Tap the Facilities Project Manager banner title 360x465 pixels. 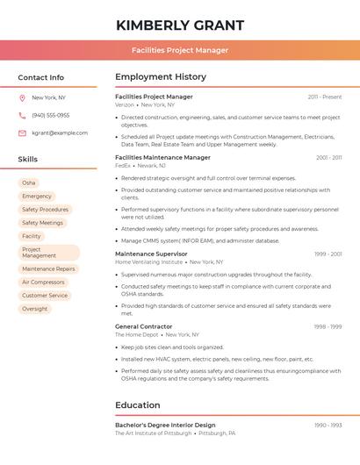point(180,50)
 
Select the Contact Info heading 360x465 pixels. point(41,77)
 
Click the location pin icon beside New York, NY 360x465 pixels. point(22,97)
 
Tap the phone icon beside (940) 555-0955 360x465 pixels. point(22,115)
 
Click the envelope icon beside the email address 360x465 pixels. point(22,132)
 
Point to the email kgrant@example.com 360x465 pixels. point(60,132)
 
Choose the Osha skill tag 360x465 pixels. point(29,182)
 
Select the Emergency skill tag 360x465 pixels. point(37,197)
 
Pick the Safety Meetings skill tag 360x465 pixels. point(42,223)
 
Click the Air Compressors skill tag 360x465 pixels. point(43,283)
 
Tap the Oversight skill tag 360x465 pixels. point(35,309)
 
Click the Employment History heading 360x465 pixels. point(161,77)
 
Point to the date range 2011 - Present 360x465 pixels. point(325,97)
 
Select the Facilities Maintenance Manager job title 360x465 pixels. point(162,158)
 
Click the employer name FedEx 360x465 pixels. point(123,165)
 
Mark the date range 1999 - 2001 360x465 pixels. point(328,254)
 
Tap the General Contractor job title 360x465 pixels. point(143,326)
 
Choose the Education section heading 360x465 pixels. point(138,405)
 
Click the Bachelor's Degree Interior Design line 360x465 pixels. point(165,426)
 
